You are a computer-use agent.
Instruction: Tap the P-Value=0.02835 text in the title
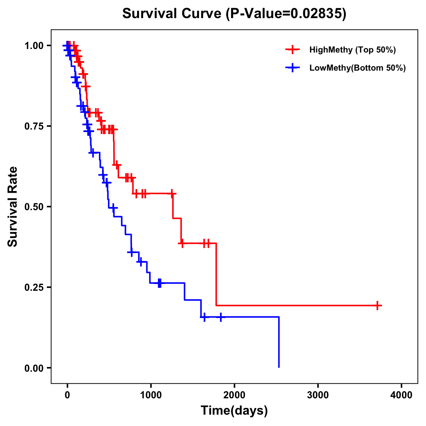point(286,14)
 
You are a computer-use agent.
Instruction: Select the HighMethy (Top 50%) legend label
point(352,50)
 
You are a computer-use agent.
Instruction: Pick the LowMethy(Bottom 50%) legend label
point(357,68)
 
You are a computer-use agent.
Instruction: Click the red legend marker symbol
point(293,50)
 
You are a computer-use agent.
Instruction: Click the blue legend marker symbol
point(293,68)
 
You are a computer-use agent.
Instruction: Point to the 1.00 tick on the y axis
point(34,46)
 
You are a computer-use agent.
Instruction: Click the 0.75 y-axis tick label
point(34,126)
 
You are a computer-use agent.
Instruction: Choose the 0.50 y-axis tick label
point(34,207)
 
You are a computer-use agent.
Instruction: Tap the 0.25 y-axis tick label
point(34,288)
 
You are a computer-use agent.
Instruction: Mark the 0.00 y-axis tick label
point(34,368)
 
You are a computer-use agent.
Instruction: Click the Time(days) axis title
point(234,411)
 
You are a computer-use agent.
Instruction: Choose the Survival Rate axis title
point(13,207)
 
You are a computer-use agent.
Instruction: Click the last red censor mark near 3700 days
point(378,305)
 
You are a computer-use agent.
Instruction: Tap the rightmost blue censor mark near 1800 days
point(220,317)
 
